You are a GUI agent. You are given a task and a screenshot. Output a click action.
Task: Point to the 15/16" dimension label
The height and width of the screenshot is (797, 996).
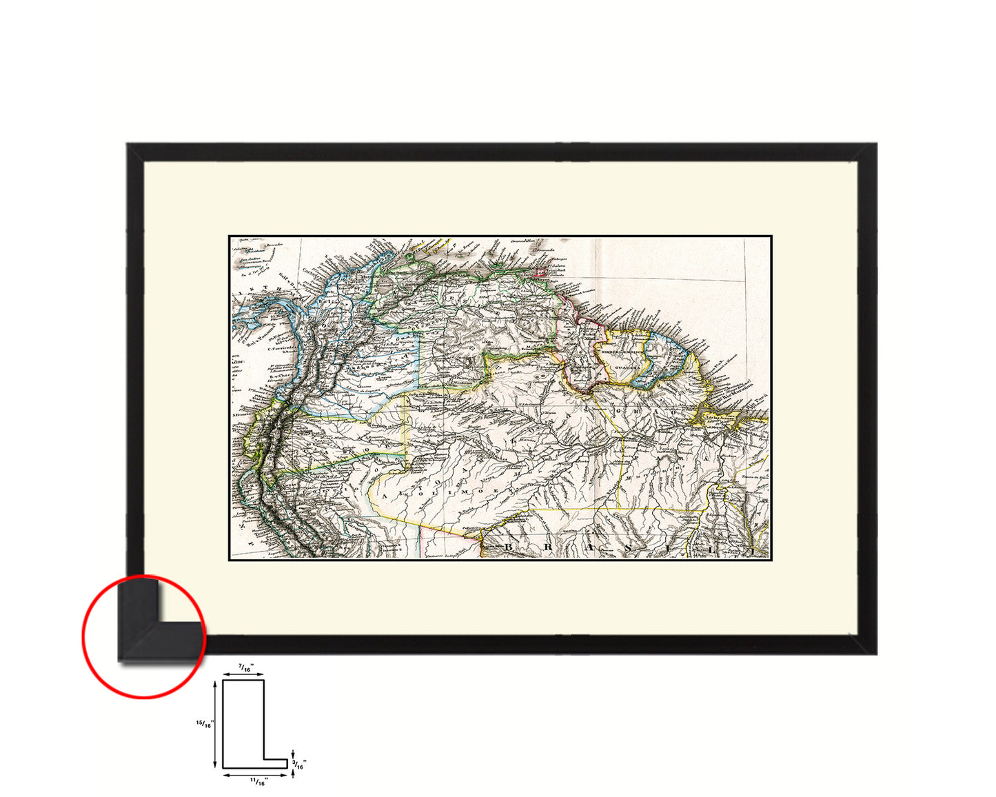(204, 723)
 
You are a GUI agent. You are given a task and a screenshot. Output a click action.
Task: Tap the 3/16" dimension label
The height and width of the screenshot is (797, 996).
(301, 763)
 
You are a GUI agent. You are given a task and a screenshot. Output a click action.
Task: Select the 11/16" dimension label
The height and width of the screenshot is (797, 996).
(258, 780)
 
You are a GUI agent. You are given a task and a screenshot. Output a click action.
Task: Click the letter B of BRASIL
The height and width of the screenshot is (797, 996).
(511, 547)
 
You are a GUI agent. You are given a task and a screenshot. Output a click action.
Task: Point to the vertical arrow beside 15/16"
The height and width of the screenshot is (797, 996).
(216, 723)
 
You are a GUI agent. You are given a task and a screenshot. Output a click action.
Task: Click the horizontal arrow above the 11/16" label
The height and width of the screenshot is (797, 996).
(254, 774)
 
